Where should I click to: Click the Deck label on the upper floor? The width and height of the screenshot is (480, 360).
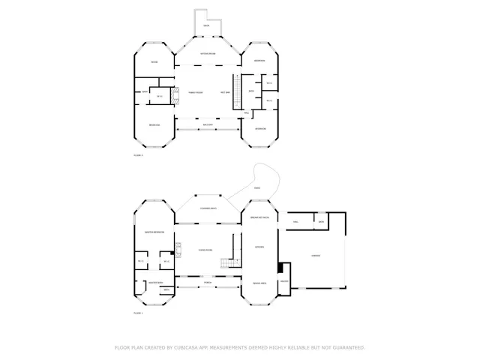click(x=206, y=26)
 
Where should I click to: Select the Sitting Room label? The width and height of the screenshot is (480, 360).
click(x=208, y=54)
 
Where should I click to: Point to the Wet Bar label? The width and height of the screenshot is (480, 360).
click(x=225, y=92)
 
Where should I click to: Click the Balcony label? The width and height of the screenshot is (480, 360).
click(x=208, y=124)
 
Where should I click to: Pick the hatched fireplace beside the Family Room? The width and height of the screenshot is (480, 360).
click(x=175, y=95)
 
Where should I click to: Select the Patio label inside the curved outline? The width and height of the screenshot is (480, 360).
click(x=256, y=187)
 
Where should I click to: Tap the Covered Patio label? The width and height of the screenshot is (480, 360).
click(x=208, y=208)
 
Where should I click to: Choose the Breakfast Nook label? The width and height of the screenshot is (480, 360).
click(x=259, y=217)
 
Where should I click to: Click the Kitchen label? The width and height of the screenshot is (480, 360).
click(x=259, y=247)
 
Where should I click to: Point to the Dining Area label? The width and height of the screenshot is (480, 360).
click(x=259, y=283)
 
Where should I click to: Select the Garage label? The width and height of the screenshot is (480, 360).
click(x=316, y=255)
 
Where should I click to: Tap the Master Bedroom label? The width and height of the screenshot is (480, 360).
click(x=154, y=232)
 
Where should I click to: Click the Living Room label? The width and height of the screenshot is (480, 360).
click(x=205, y=250)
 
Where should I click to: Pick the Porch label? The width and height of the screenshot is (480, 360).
click(x=208, y=283)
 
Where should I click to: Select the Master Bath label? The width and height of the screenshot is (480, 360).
click(x=155, y=283)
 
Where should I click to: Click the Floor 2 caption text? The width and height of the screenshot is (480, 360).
click(x=138, y=154)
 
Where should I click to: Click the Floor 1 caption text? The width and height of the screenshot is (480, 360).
click(x=138, y=313)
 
